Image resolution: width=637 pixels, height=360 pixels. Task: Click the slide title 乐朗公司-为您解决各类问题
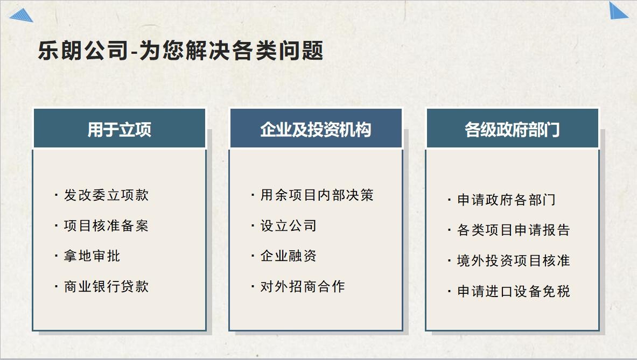tap(180, 51)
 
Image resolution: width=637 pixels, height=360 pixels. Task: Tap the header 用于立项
tap(120, 130)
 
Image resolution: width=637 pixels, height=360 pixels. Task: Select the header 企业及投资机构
tap(316, 130)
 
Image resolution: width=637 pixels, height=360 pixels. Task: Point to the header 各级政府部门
tap(512, 130)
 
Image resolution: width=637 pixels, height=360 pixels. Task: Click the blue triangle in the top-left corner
tap(23, 16)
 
